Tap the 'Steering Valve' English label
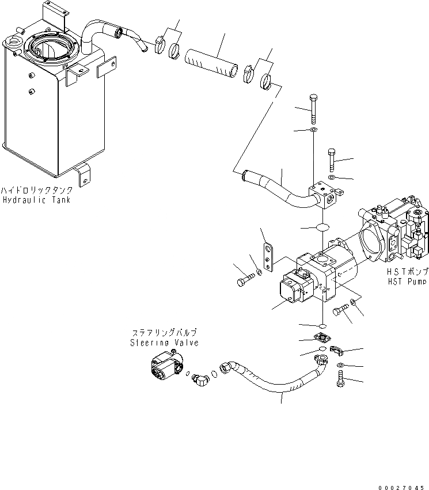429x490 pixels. pos(164,343)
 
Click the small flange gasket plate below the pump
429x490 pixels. pos(321,340)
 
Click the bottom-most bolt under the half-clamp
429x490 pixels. pos(340,379)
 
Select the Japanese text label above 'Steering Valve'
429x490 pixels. pos(164,333)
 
